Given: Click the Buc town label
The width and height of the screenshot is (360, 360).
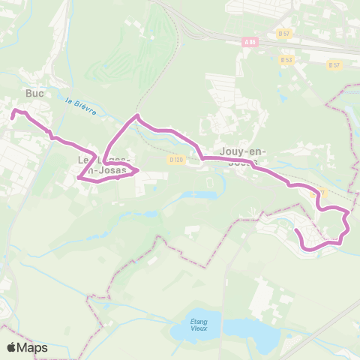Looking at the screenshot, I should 34,93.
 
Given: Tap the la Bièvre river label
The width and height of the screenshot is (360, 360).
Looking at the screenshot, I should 80,106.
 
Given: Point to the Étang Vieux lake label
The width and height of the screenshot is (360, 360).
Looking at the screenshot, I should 199,325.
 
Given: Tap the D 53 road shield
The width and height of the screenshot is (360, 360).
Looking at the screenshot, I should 286,60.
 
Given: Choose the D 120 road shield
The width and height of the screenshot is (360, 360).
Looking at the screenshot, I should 176,159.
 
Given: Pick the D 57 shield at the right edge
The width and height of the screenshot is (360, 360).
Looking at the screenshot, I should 334,65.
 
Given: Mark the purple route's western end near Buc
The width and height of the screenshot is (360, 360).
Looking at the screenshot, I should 12,116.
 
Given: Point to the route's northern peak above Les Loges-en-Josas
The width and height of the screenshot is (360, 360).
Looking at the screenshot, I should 136,116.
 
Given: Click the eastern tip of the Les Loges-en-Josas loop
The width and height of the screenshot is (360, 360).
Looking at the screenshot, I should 137,171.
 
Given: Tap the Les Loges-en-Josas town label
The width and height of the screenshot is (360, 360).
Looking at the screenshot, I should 105,166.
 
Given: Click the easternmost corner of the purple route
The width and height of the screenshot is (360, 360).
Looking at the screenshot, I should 349,223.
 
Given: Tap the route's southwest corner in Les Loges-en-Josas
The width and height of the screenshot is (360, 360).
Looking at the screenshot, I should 79,178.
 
